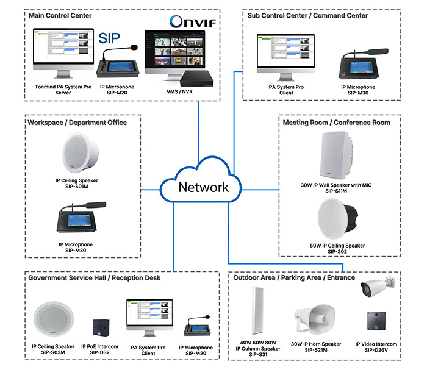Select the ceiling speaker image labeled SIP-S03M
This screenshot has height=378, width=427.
54,321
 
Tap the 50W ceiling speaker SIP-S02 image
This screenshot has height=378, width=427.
339,220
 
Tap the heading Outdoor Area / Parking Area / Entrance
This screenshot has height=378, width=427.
294,277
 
